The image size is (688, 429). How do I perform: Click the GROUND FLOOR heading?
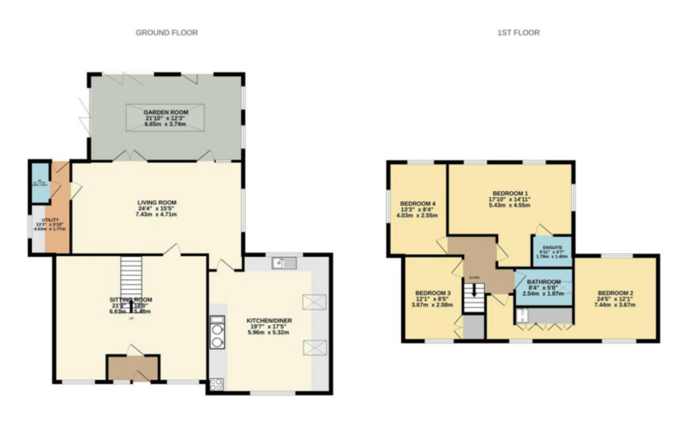(166, 33)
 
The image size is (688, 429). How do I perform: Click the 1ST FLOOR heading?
(518, 33)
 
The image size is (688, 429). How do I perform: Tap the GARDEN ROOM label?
(166, 112)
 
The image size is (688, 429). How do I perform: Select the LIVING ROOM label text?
(157, 202)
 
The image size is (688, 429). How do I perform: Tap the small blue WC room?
(40, 182)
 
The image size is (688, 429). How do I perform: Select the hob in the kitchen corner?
(217, 384)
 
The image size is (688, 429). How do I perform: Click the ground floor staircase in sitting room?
(131, 275)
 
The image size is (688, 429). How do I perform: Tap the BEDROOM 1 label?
(510, 193)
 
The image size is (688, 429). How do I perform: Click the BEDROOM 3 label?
(433, 293)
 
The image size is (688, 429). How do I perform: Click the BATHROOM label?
(544, 282)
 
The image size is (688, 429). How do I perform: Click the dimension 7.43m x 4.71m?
(157, 214)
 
